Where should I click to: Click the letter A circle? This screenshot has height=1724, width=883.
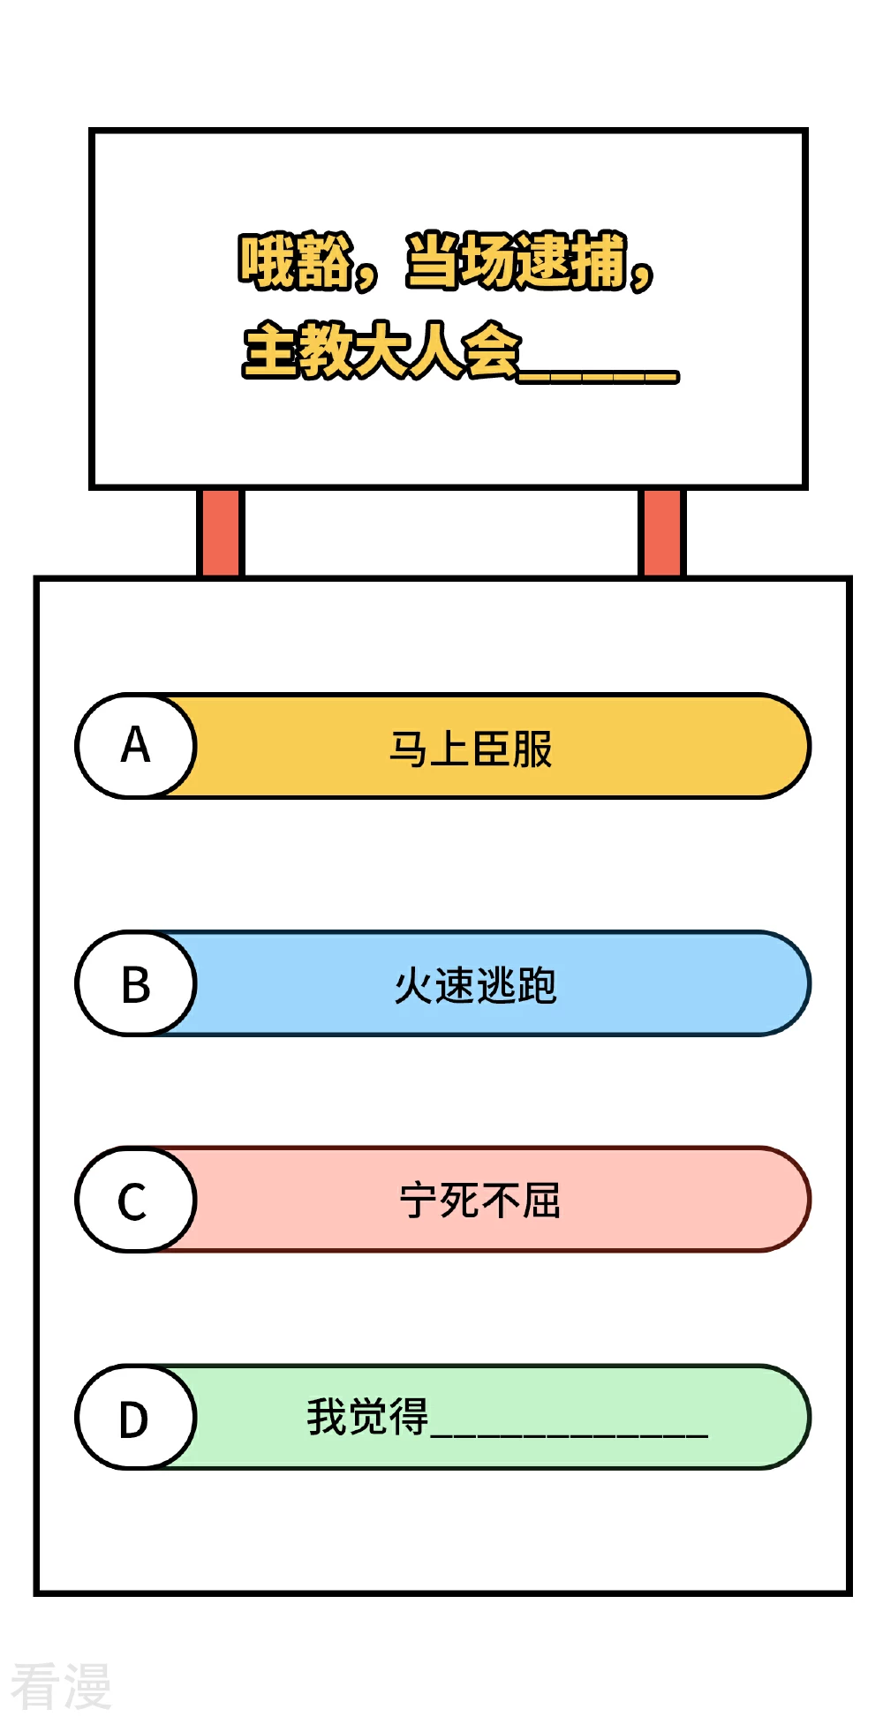point(135,746)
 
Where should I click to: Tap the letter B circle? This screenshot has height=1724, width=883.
point(135,983)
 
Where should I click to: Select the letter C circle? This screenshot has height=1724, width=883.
point(135,1200)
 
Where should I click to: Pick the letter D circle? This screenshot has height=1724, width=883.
point(135,1418)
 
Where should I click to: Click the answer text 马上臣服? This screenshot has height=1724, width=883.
point(472,749)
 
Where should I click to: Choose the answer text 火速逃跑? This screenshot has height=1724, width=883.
point(476,985)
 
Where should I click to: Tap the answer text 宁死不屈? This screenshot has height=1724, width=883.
point(480,1201)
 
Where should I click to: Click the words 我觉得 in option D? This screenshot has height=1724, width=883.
point(367,1417)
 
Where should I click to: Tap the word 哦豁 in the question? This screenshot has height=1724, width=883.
point(296,261)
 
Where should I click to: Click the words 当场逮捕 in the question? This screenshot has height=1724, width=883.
point(517,261)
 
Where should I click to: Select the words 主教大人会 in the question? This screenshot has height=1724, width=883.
point(382,350)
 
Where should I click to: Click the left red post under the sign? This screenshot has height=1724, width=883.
point(220,532)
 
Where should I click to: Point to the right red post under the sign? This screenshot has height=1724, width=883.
point(661,532)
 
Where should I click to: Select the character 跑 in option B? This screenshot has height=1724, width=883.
point(538,986)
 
